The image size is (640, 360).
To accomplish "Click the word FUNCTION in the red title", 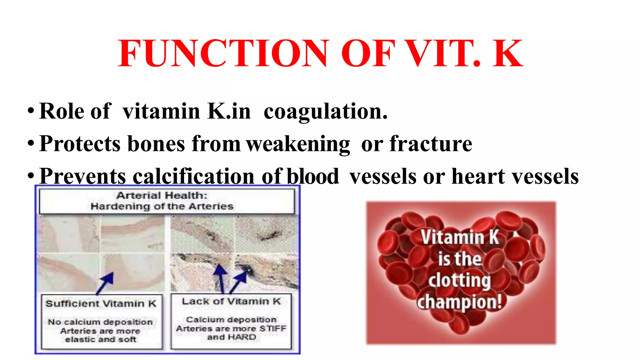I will pyautogui.click(x=223, y=53).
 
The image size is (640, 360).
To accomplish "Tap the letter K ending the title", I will pyautogui.click(x=507, y=53).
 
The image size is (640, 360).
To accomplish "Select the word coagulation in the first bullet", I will pyautogui.click(x=325, y=112).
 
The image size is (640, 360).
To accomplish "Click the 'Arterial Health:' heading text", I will pyautogui.click(x=162, y=196).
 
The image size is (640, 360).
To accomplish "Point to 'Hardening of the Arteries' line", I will pyautogui.click(x=162, y=207).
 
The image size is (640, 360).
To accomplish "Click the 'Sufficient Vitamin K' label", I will pyautogui.click(x=101, y=304).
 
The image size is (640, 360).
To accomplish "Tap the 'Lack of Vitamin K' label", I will pyautogui.click(x=231, y=302).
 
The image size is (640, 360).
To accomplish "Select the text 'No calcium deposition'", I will pyautogui.click(x=100, y=322).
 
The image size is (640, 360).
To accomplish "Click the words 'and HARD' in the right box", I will pyautogui.click(x=232, y=337).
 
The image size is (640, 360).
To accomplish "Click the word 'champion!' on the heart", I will pyautogui.click(x=459, y=302).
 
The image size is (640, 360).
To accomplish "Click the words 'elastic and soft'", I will pyautogui.click(x=101, y=339).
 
